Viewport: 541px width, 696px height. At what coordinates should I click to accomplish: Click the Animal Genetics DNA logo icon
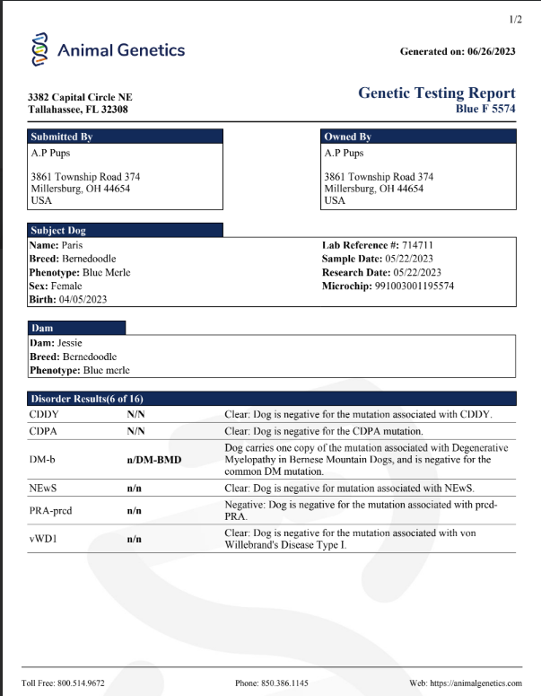click(x=39, y=49)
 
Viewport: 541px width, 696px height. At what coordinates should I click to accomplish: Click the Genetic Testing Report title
click(x=436, y=93)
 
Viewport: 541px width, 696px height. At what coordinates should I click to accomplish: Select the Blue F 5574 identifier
click(x=485, y=109)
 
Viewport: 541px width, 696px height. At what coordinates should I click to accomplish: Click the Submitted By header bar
click(x=125, y=137)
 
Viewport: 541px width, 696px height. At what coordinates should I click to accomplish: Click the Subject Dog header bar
click(x=125, y=230)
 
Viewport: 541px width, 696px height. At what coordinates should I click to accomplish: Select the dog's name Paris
click(x=73, y=245)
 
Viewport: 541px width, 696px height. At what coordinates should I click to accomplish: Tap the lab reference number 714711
click(x=414, y=245)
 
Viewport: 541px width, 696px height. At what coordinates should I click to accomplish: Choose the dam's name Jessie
click(x=71, y=342)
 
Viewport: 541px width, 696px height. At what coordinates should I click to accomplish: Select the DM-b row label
click(x=42, y=460)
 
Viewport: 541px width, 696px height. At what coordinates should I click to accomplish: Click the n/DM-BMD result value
click(x=153, y=460)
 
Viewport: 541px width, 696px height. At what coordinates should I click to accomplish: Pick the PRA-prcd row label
click(x=50, y=510)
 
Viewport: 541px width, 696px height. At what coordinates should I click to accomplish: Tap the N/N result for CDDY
click(x=135, y=414)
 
